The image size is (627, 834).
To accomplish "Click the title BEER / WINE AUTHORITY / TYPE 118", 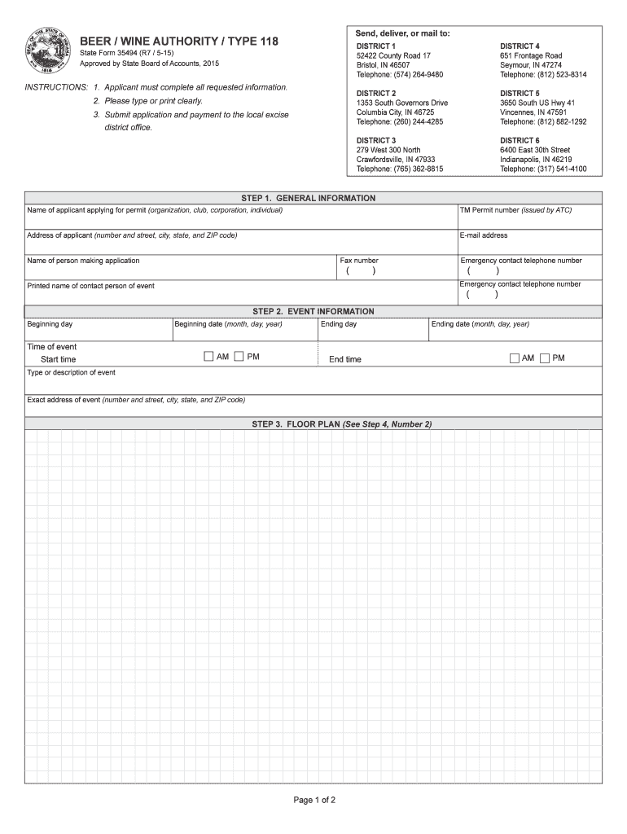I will (x=178, y=41).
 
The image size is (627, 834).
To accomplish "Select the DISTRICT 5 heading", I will (x=520, y=94).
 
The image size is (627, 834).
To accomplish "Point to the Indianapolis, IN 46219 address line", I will (x=536, y=160).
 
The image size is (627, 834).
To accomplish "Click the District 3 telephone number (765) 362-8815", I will (x=400, y=169).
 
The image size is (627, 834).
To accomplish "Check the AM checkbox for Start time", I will (x=209, y=356).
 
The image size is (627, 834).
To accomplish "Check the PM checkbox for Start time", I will (x=239, y=356).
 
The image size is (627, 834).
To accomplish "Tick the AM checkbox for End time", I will (x=515, y=358).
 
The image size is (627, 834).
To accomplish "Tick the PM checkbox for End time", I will (x=545, y=358).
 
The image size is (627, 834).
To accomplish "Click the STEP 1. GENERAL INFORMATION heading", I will (x=313, y=198).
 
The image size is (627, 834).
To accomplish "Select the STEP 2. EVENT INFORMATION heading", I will (x=313, y=311).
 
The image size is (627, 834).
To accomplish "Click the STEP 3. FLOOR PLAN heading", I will (x=342, y=424).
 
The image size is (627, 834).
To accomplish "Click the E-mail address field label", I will (x=484, y=235).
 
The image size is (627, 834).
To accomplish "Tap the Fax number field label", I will (x=359, y=261).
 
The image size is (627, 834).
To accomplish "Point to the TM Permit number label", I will (x=515, y=210).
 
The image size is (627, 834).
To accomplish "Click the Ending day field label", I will (x=339, y=324).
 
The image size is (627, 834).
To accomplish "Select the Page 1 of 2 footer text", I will (x=314, y=800).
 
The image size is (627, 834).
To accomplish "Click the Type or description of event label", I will (x=72, y=372).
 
